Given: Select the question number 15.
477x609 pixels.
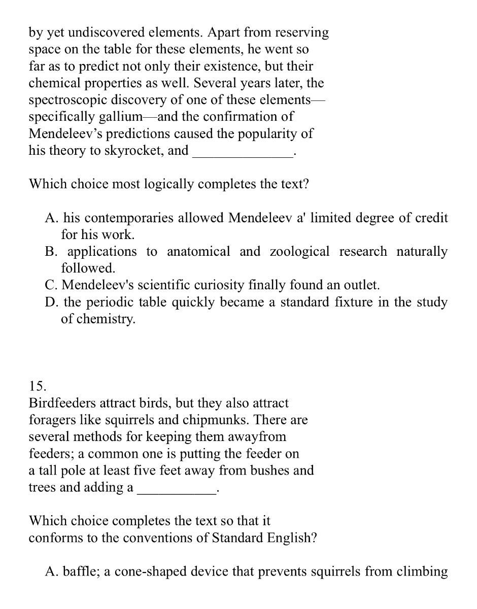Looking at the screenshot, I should [x=38, y=386].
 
